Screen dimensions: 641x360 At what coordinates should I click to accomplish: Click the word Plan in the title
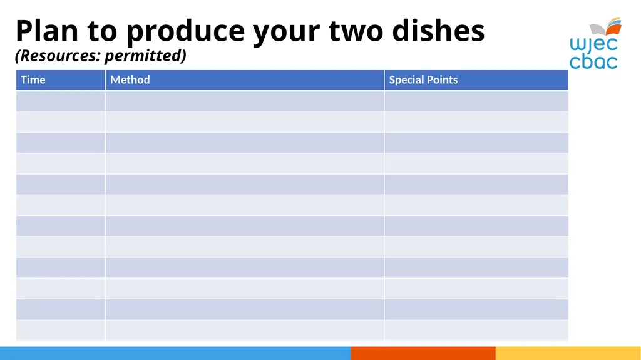tap(47, 31)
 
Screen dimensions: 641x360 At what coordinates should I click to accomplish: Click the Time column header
tap(33, 80)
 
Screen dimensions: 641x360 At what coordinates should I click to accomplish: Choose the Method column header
tap(130, 80)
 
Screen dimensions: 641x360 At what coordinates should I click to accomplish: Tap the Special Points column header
tap(423, 80)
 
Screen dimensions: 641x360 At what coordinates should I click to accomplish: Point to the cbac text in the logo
tap(593, 62)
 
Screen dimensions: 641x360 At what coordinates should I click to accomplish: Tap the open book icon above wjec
tap(606, 26)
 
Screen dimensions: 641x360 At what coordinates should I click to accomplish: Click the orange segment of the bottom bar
tap(423, 353)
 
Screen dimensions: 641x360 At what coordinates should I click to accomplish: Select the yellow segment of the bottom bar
tap(568, 353)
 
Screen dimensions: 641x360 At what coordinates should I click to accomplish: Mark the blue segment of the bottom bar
tap(175, 353)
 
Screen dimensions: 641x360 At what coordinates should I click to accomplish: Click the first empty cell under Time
tap(61, 101)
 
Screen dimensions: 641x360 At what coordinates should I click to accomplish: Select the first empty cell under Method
tap(245, 101)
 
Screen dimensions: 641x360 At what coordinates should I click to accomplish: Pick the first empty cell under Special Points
tap(476, 101)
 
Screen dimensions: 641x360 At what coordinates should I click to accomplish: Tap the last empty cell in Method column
tap(245, 330)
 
